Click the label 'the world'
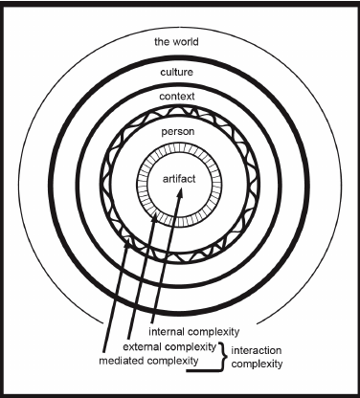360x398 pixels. [180, 43]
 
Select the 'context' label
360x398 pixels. [180, 98]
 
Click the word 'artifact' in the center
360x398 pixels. [180, 177]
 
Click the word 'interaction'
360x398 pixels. [263, 348]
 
